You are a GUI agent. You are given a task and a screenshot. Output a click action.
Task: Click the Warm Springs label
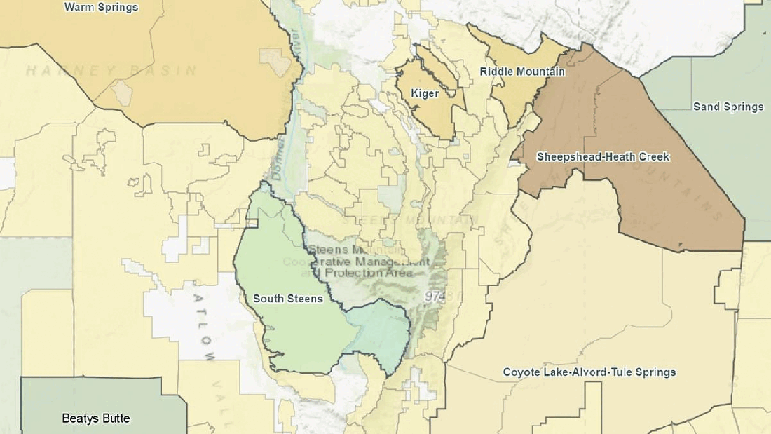pos(101,8)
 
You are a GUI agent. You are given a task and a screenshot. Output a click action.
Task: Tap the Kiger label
pos(425,93)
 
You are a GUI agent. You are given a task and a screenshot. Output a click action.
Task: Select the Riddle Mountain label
pos(522,72)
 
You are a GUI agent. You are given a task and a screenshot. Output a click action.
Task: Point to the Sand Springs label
pos(728,107)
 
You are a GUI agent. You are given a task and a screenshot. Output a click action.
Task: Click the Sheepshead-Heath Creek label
pos(603,157)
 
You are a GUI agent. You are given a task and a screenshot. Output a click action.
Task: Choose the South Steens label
pos(288,299)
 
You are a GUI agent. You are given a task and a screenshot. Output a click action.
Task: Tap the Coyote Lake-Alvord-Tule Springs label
pos(589,372)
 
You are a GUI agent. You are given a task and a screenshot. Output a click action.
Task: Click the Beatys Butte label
pos(96,419)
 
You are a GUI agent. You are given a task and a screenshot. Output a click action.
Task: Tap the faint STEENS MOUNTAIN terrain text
pos(410,219)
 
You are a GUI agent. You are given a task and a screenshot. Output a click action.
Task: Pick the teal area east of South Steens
pos(382,330)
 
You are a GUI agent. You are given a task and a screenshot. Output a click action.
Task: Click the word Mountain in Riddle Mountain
pos(540,72)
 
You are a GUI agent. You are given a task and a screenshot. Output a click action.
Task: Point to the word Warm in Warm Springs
pos(79,8)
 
